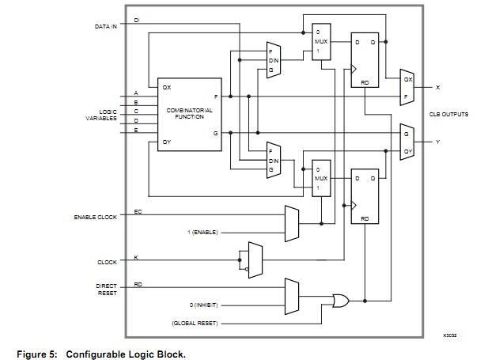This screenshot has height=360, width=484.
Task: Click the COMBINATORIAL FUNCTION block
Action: (190, 114)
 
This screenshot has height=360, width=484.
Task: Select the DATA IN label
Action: (106, 26)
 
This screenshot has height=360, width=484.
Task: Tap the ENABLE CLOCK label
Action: (95, 216)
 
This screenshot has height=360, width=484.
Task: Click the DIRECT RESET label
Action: (107, 289)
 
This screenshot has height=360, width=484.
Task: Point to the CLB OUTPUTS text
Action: (448, 114)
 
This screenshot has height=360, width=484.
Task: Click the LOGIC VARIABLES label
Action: (101, 115)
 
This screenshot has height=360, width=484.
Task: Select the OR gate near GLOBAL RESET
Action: (341, 301)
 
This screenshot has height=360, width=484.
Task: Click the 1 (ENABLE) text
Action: (202, 233)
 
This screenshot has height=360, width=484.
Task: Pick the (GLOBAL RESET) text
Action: (195, 323)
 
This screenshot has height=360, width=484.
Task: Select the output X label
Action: (437, 87)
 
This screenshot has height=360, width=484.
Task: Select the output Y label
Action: (437, 142)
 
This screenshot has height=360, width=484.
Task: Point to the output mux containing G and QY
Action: (407, 142)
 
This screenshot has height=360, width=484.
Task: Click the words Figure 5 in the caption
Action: (36, 354)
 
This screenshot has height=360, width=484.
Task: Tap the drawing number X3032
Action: (450, 335)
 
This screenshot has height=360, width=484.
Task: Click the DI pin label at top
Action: (137, 20)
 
